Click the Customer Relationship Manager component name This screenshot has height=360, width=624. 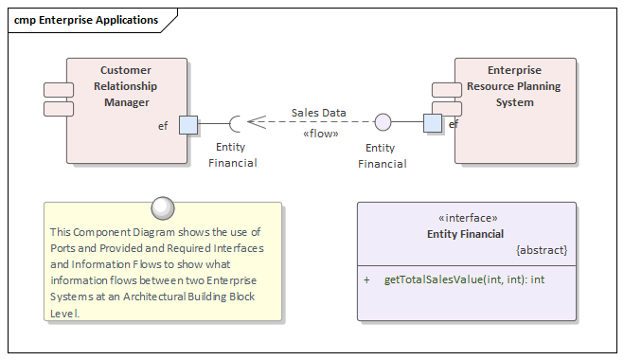tap(127, 86)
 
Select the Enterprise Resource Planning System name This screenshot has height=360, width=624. tap(513, 86)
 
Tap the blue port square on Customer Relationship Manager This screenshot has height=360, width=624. tap(188, 124)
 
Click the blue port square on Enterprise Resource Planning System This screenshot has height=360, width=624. tap(433, 123)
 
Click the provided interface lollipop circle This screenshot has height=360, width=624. tap(383, 122)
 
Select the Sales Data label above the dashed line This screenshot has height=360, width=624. tap(318, 113)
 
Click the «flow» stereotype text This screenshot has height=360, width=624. tap(320, 134)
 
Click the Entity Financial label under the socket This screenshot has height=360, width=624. tap(232, 154)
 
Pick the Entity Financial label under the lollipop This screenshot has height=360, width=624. tap(382, 155)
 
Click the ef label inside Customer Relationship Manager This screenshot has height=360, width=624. tap(164, 126)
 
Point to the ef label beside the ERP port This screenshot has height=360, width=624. tap(454, 124)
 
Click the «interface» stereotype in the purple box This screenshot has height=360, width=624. tap(466, 217)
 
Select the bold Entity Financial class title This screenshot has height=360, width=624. tap(466, 233)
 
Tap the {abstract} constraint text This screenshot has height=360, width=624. tap(542, 250)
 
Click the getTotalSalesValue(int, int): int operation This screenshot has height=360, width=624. tap(464, 280)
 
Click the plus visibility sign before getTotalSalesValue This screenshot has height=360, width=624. tap(366, 280)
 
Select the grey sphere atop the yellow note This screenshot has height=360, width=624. tap(163, 207)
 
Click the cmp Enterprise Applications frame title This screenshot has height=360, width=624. tap(86, 20)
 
